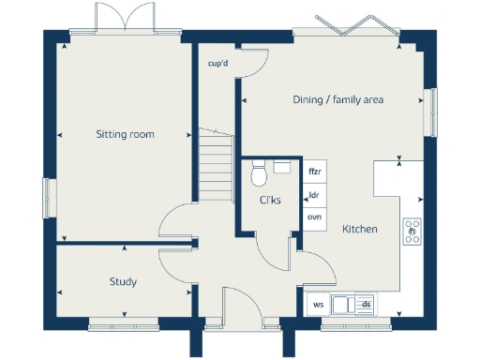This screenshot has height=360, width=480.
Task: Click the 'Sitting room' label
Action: click(x=125, y=135)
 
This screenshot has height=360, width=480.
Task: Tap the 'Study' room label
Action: click(x=123, y=281)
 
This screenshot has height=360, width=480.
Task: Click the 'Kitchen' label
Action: click(x=359, y=229)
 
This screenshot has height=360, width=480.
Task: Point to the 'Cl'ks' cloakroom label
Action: click(x=270, y=201)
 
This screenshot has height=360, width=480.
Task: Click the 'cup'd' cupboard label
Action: click(x=217, y=65)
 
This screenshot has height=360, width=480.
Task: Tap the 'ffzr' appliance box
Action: click(x=315, y=172)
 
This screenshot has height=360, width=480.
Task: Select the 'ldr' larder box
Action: click(x=315, y=195)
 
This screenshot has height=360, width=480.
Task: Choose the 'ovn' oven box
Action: click(x=315, y=217)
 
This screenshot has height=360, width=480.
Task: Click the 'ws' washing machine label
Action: click(x=319, y=304)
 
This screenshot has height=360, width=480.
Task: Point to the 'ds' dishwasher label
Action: click(x=367, y=304)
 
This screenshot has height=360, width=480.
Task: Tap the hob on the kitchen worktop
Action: click(x=412, y=231)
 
